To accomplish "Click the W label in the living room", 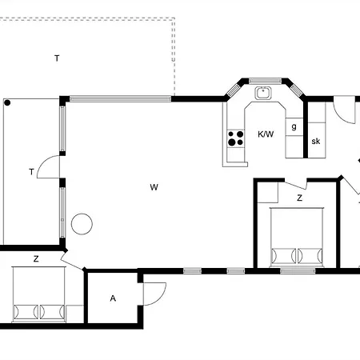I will (x=153, y=187).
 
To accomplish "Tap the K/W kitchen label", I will (x=266, y=134).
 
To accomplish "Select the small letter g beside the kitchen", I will (x=294, y=126).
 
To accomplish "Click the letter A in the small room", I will (x=113, y=298).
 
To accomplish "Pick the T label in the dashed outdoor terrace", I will (x=56, y=58).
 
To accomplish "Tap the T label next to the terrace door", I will (x=31, y=171).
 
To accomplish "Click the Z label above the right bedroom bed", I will (x=299, y=197).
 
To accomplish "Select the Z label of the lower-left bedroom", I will (x=36, y=258).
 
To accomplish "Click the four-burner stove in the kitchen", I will (x=236, y=138).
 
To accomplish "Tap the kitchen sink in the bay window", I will (x=262, y=93).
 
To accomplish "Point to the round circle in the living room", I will (x=82, y=223).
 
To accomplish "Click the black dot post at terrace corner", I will (x=6, y=102).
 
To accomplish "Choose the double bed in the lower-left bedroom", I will (x=38, y=296).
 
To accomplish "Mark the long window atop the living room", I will (x=120, y=98).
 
